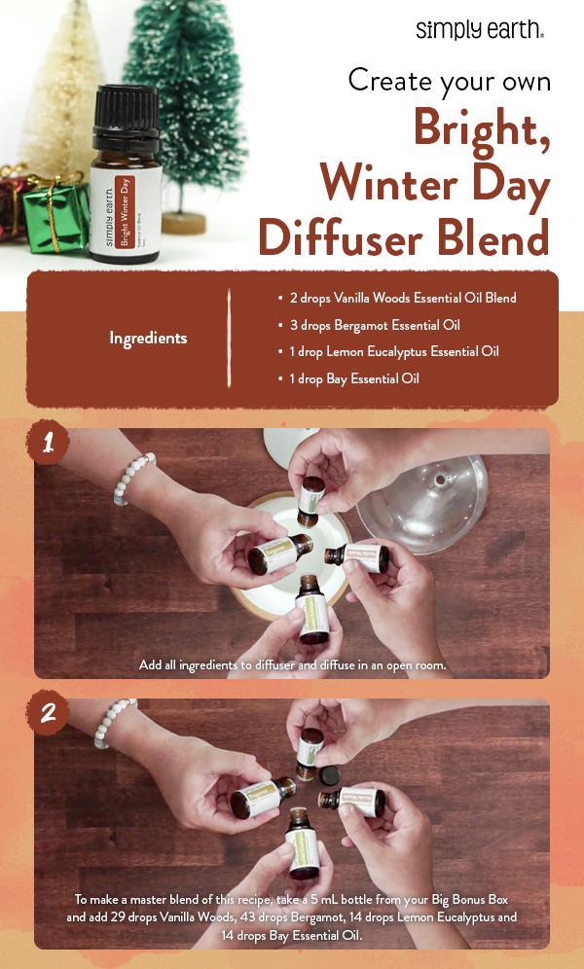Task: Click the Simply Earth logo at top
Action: coord(479,29)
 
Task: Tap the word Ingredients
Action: coord(148,339)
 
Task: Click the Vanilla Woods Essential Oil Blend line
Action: coord(402,298)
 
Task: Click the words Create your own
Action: coord(449,80)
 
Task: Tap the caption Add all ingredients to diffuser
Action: coord(291,664)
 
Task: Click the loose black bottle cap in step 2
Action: coord(331,773)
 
